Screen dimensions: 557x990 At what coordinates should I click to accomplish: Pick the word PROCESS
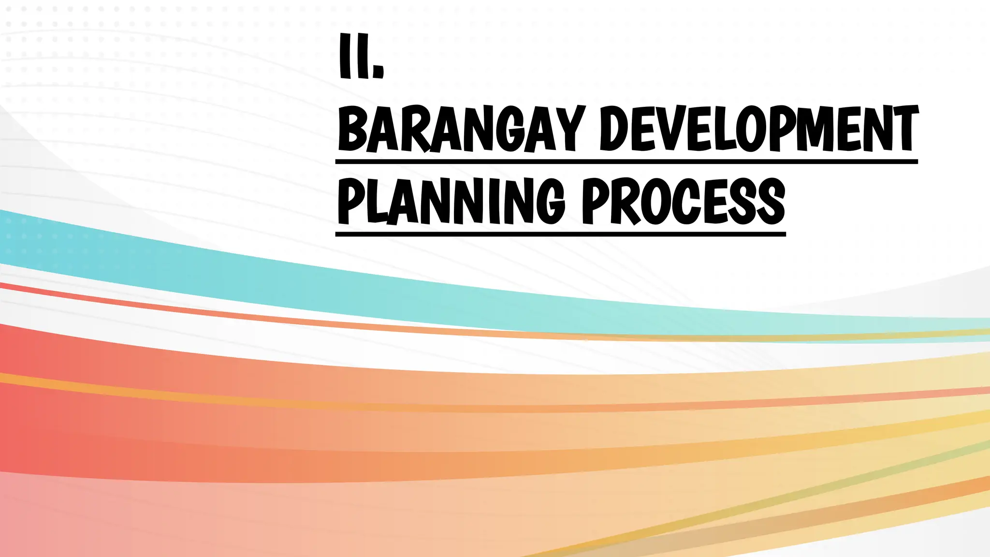click(683, 201)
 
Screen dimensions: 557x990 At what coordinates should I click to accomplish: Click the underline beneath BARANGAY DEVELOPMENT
click(626, 161)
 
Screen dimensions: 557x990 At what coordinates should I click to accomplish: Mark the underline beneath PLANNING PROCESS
click(560, 234)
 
